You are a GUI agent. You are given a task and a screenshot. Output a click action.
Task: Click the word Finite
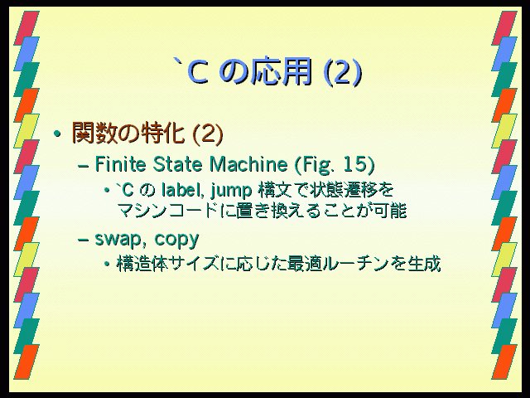(x=120, y=164)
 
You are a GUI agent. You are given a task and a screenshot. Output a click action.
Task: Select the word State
(x=178, y=164)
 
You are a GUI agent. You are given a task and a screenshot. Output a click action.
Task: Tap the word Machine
(x=248, y=164)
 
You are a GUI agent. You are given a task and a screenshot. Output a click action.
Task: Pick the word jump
(x=231, y=192)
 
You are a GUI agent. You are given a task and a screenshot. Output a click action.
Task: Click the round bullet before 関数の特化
(x=57, y=133)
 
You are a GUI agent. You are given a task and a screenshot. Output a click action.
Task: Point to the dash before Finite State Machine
(x=83, y=166)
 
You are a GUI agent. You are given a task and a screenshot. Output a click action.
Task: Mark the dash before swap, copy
(x=83, y=240)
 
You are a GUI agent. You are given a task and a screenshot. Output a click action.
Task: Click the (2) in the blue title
(x=343, y=72)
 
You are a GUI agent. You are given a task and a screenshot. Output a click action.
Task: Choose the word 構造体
(x=142, y=264)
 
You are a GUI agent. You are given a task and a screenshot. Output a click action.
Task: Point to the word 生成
(x=424, y=264)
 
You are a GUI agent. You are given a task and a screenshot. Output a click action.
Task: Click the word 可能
(x=389, y=211)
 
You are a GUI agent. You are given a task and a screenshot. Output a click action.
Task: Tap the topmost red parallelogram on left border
(x=26, y=28)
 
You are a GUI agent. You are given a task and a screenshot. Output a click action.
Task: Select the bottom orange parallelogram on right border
(x=504, y=362)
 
